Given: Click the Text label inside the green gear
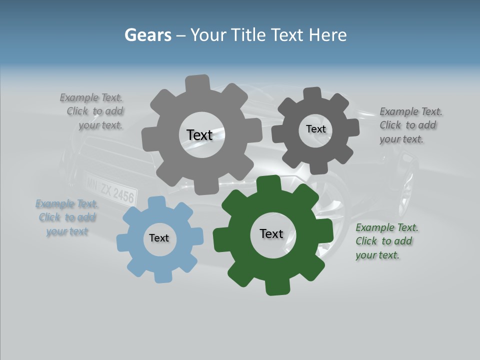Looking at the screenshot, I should pyautogui.click(x=271, y=233).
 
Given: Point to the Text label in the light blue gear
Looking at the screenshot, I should pyautogui.click(x=159, y=238).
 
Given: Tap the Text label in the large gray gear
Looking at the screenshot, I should pyautogui.click(x=199, y=135).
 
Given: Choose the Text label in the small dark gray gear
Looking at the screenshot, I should pyautogui.click(x=315, y=129).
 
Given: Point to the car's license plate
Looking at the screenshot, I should pyautogui.click(x=110, y=189).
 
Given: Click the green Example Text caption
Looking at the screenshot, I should pyautogui.click(x=386, y=241).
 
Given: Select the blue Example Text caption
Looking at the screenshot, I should pyautogui.click(x=66, y=217).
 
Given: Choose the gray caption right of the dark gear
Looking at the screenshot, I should pyautogui.click(x=410, y=125).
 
